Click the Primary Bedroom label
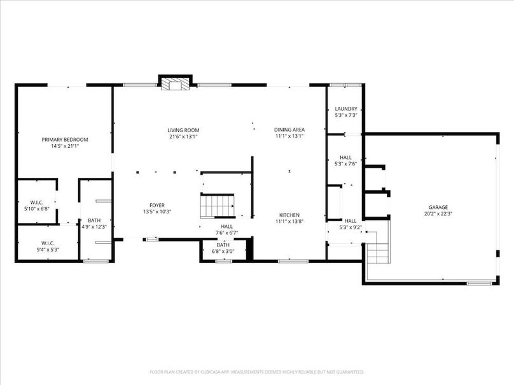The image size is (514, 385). [x=65, y=139]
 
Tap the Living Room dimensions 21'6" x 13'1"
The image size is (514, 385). [x=184, y=136]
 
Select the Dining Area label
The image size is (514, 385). [x=289, y=130]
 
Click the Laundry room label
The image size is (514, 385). [x=345, y=109]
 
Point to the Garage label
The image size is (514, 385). [x=438, y=207]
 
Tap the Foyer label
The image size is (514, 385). [x=157, y=205]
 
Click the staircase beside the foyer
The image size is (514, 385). [x=218, y=206]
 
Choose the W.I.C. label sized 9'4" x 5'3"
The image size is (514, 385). [x=48, y=243]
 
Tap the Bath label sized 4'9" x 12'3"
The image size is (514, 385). [x=94, y=220]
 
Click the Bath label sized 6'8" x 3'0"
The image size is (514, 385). [x=223, y=245]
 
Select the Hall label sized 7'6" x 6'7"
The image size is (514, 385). [x=226, y=226]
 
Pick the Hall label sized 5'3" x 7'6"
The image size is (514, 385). [x=345, y=157]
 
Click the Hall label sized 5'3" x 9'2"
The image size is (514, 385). [x=351, y=220]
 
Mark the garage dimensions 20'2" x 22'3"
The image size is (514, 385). [x=438, y=213]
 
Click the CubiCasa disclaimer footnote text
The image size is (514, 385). [x=256, y=372]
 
